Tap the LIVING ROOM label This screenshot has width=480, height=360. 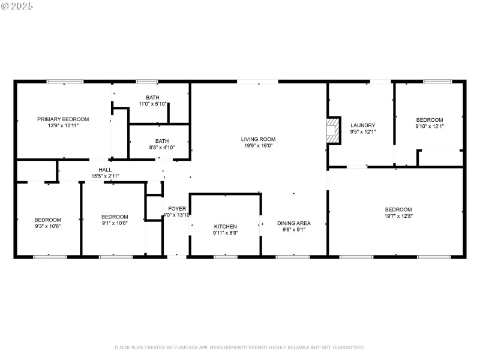tap(259, 139)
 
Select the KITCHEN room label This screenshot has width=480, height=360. tap(226, 226)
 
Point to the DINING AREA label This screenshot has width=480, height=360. tap(293, 223)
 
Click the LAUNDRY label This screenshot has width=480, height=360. tap(362, 125)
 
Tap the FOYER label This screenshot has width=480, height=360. tap(176, 208)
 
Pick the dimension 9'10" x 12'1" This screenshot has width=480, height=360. tap(430, 126)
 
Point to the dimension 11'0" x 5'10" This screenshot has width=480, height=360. tap(152, 104)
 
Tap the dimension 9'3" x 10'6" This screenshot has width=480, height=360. tap(47, 226)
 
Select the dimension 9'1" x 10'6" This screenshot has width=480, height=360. tap(115, 223)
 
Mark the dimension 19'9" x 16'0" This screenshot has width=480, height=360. tap(259, 145)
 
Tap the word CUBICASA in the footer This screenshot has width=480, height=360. tap(189, 347)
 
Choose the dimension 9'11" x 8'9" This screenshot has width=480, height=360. tap(226, 233)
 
